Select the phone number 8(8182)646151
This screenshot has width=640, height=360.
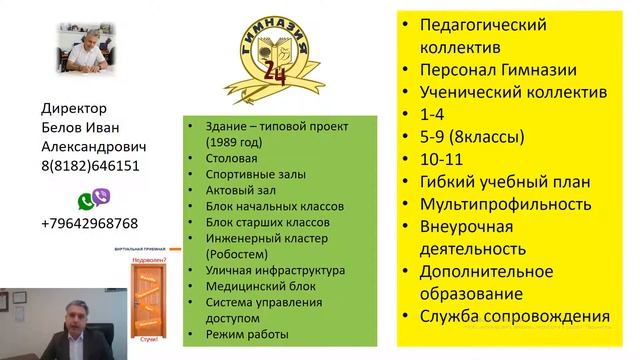[x=91, y=166]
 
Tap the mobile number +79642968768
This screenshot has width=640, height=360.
[x=90, y=223]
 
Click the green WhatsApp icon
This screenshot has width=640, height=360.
[x=84, y=196]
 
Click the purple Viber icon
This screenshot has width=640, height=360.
[x=101, y=196]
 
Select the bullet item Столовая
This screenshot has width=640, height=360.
[x=229, y=157]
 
